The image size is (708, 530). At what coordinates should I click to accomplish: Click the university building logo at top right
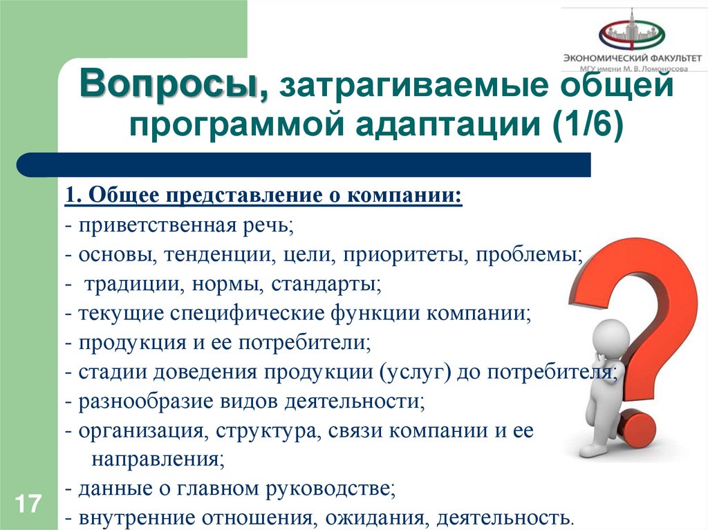[631, 30]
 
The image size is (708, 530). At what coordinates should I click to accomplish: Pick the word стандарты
[325, 283]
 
